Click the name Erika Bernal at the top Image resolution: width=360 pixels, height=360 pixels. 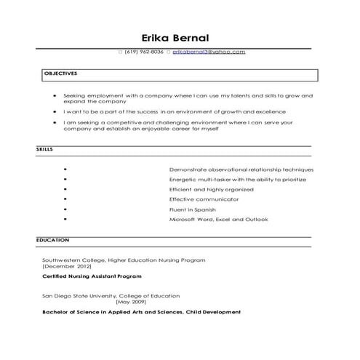[x=179, y=37]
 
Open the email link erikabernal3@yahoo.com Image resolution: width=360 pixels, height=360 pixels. [x=209, y=52]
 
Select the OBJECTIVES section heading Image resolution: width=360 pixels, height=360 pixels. [x=61, y=74]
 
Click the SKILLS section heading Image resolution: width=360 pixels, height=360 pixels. [x=44, y=148]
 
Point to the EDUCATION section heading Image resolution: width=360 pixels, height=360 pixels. [x=53, y=239]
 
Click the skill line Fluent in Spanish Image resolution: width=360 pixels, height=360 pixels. [x=193, y=209]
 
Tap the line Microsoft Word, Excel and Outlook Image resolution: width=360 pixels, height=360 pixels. [x=218, y=219]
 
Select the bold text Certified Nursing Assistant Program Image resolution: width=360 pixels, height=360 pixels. [x=92, y=276]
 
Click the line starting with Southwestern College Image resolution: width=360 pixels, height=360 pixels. [x=124, y=260]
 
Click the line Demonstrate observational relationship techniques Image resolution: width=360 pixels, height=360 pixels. [x=241, y=169]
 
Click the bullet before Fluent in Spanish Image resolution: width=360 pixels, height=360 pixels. [x=65, y=209]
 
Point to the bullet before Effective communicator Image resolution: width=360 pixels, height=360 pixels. [x=65, y=199]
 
